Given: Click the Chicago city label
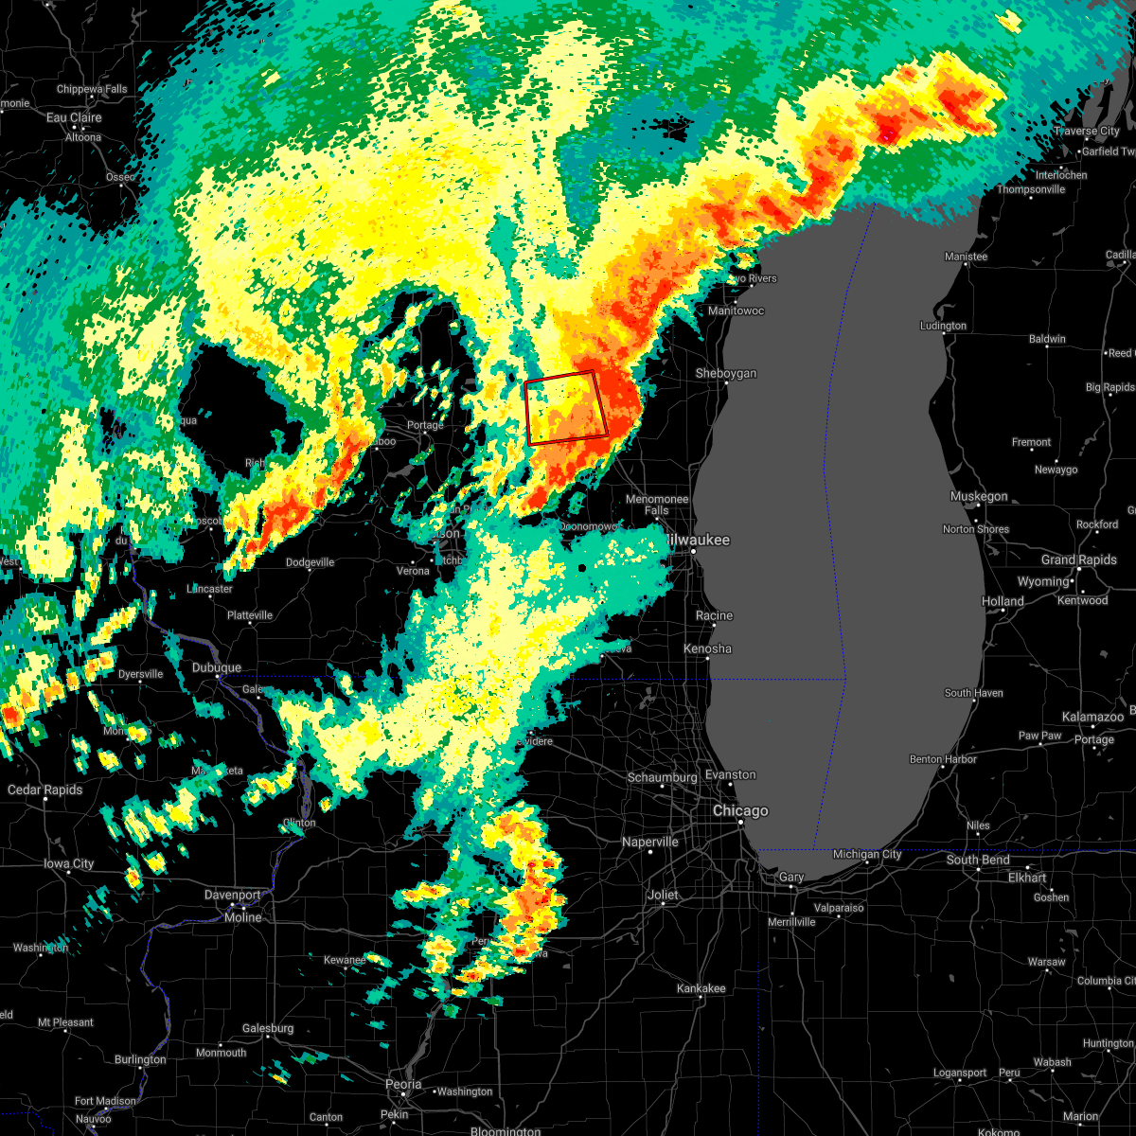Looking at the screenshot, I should tap(740, 811).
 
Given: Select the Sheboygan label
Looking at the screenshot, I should tap(726, 374).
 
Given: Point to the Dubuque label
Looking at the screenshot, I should tap(217, 667).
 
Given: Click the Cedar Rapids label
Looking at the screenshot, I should tap(44, 790).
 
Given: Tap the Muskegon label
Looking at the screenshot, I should tap(979, 496).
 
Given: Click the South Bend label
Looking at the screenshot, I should tap(978, 860).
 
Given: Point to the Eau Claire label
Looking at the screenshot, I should tap(74, 118).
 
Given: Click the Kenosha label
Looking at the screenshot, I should tap(707, 648).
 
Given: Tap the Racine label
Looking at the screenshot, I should tap(714, 615).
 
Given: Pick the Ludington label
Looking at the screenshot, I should tap(943, 326).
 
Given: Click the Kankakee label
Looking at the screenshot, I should tap(701, 988).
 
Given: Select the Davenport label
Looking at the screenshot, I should tap(233, 895).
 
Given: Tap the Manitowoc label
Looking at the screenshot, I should tap(736, 311).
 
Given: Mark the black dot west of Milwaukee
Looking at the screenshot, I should tap(582, 568).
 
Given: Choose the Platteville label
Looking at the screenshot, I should tap(250, 615).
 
